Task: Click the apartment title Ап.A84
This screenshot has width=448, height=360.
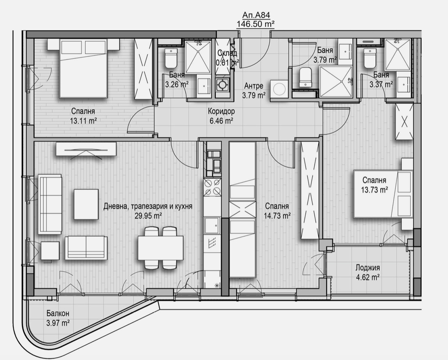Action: (256, 15)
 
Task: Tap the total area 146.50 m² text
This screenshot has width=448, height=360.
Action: (256, 24)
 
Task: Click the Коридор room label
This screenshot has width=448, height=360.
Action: (221, 111)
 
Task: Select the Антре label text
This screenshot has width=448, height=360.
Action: (254, 86)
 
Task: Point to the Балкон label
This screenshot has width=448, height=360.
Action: (58, 313)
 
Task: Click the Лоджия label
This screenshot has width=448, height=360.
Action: (368, 268)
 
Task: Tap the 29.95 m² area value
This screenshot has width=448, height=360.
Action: (148, 216)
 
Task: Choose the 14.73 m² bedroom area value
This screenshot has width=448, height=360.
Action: (277, 216)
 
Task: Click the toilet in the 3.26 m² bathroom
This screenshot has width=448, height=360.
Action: (171, 58)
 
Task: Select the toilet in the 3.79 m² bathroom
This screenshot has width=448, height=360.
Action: (305, 77)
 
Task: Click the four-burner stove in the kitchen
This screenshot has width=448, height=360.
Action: (212, 187)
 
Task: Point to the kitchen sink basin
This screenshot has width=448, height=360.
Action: (212, 225)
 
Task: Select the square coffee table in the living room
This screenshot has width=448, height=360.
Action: (86, 204)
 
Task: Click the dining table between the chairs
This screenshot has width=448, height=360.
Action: (160, 248)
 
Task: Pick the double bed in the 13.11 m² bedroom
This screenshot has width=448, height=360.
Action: (83, 69)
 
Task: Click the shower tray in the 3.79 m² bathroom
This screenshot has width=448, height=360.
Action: (336, 82)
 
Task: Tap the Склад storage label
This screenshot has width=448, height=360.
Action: (227, 53)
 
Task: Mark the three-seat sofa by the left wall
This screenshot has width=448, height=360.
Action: (50, 204)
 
